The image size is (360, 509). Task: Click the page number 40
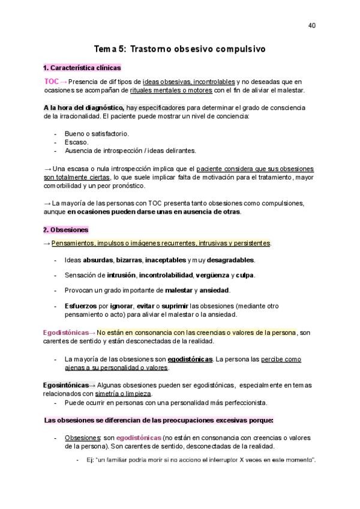click(x=311, y=25)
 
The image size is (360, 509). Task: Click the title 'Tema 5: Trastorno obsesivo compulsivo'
click(x=180, y=49)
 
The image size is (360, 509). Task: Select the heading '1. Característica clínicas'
click(x=82, y=68)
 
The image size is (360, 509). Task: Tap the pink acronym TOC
click(x=52, y=82)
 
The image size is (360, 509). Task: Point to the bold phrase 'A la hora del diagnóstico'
click(x=83, y=107)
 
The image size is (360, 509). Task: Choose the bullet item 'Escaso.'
click(x=76, y=142)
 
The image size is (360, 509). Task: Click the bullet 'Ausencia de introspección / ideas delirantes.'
click(x=130, y=151)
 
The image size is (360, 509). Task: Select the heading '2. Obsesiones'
click(x=66, y=230)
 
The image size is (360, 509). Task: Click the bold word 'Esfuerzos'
click(x=82, y=306)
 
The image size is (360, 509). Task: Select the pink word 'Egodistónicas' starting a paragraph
click(x=65, y=333)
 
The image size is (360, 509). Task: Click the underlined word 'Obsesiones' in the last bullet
click(x=82, y=438)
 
